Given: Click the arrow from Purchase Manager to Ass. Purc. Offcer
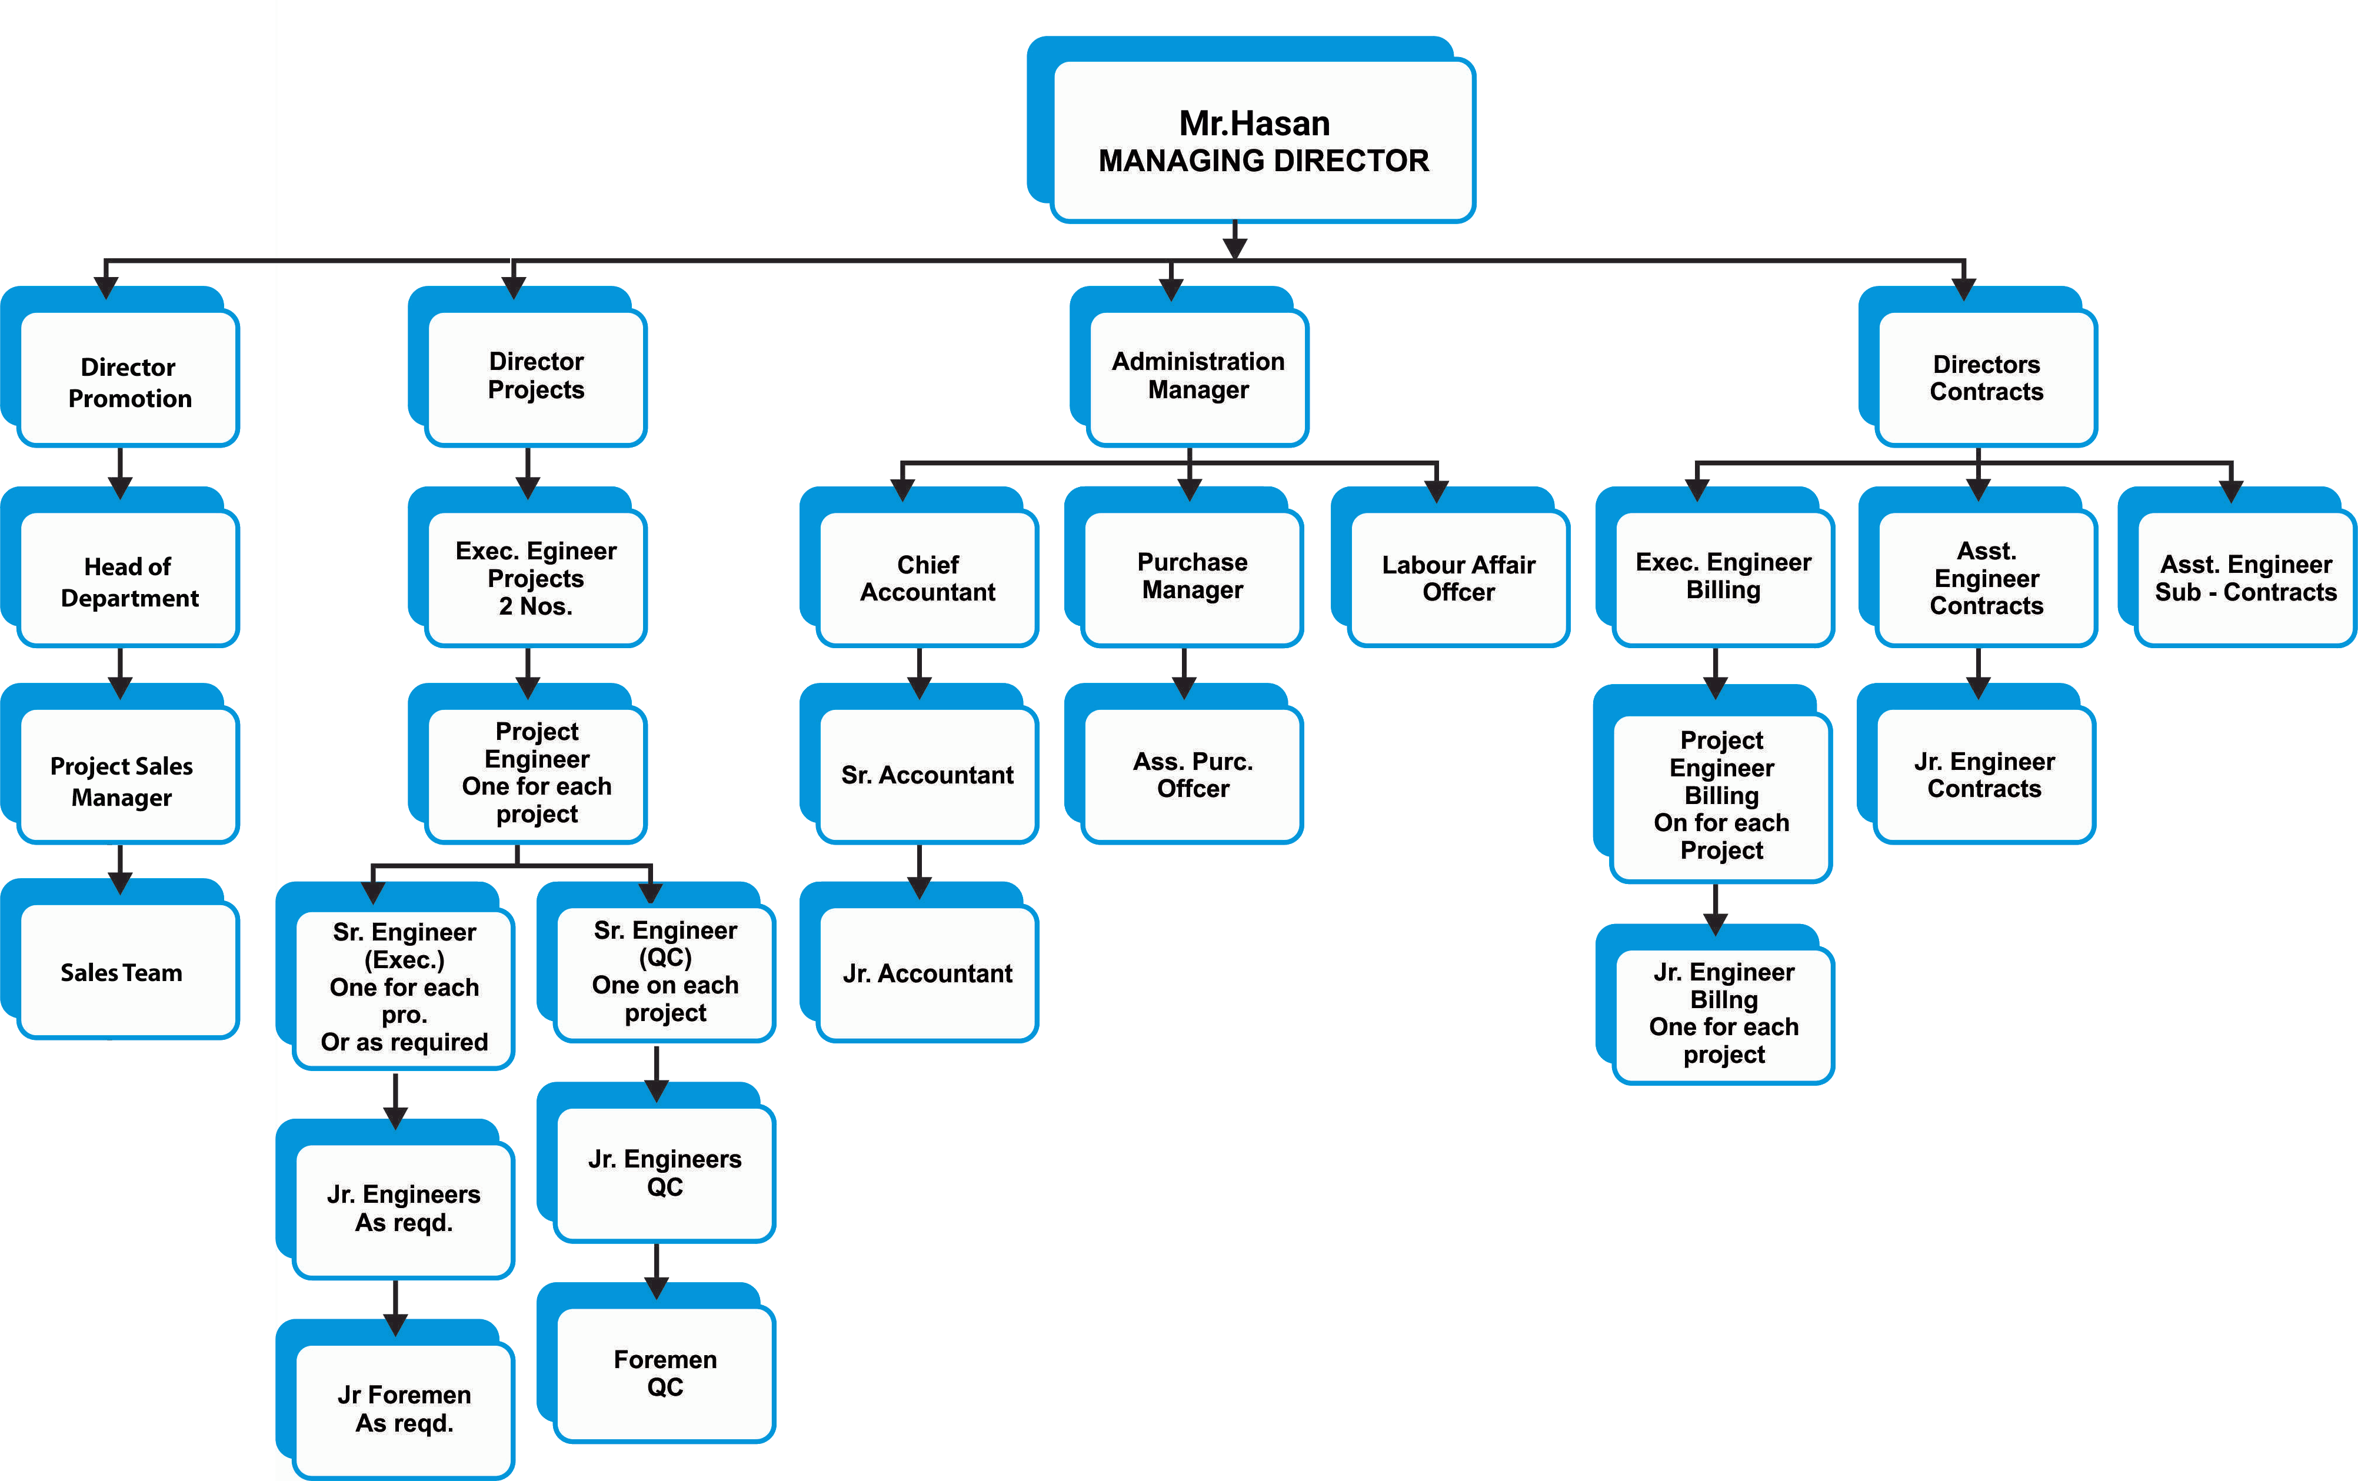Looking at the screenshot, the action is (1185, 673).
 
